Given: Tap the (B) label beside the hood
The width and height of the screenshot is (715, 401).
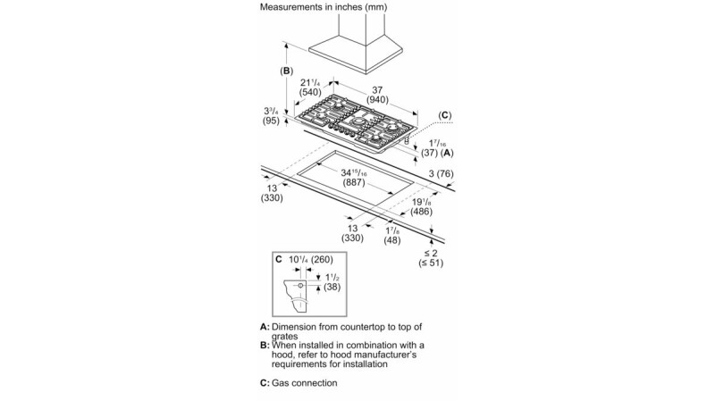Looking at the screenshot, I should tap(286, 71).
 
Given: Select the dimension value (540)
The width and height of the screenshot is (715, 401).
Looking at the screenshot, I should tap(311, 92).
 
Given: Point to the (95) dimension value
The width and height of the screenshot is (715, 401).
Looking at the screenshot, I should tap(272, 121).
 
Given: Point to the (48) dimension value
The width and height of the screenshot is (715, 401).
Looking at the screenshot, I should tap(391, 240).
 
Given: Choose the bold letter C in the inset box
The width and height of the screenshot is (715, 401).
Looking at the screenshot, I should tap(279, 259).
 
